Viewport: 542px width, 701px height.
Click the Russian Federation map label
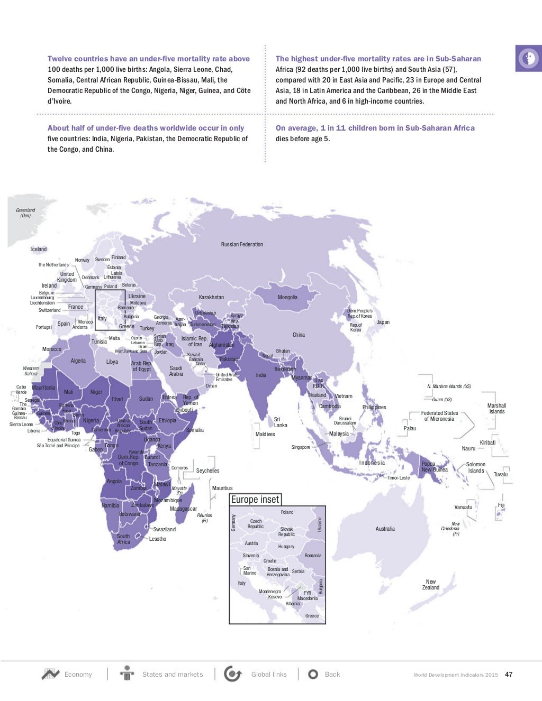click(x=242, y=244)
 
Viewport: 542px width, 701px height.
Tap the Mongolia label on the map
click(x=287, y=297)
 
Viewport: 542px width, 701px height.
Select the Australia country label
click(x=385, y=529)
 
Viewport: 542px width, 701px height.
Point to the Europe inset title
click(x=255, y=500)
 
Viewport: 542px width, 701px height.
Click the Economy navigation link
click(x=78, y=674)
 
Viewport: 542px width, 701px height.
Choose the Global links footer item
click(x=268, y=674)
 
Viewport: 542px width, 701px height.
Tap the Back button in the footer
click(x=332, y=674)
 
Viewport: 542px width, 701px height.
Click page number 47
click(x=509, y=674)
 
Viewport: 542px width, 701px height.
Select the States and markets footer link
click(x=172, y=674)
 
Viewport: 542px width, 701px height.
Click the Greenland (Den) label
click(x=25, y=213)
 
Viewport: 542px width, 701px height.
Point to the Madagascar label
click(x=183, y=509)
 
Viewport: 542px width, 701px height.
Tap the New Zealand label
click(x=431, y=584)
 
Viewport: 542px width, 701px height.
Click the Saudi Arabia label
click(x=176, y=371)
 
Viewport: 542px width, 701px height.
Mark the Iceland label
click(x=39, y=249)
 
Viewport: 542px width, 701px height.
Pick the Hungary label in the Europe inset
click(x=286, y=547)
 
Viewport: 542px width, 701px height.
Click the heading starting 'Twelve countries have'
click(x=149, y=59)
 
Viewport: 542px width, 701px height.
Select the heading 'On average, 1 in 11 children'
click(x=375, y=128)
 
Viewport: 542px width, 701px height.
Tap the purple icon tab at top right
click(x=528, y=58)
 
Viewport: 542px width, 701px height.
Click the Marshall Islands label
click(x=496, y=408)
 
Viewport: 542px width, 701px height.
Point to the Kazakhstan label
click(x=211, y=297)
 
